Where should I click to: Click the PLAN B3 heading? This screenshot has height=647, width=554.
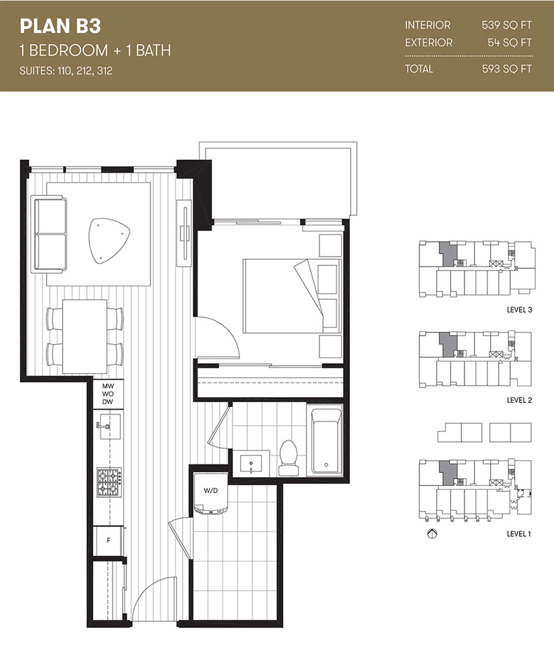point(60,26)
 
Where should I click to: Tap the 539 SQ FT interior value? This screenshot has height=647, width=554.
point(507,25)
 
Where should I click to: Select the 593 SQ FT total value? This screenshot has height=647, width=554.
point(507,69)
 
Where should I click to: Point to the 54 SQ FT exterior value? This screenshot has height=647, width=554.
point(510,42)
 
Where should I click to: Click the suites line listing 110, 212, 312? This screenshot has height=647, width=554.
point(66,71)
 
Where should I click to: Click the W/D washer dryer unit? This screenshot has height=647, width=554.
point(211,493)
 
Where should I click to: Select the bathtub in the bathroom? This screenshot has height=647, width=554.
point(327,440)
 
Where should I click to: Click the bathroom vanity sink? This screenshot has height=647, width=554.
point(251,464)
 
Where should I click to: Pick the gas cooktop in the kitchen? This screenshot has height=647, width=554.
point(109,481)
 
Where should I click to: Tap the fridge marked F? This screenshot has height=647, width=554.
point(108,541)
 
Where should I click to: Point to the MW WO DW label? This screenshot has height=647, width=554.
point(108,394)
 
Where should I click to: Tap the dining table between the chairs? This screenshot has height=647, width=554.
point(85,336)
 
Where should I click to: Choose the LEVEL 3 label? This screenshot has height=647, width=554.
point(520,310)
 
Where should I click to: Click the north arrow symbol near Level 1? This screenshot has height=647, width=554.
point(432,534)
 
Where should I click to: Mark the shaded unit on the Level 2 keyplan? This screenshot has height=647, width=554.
point(448,345)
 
